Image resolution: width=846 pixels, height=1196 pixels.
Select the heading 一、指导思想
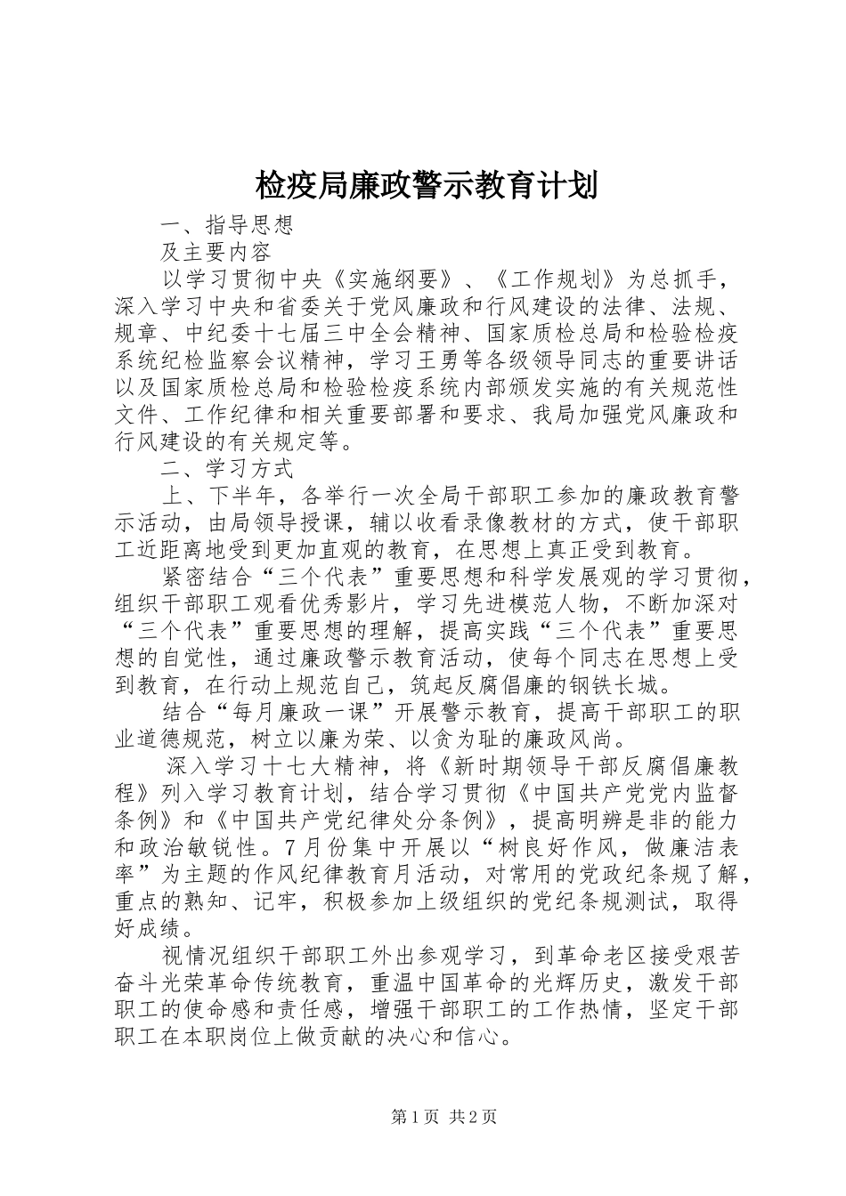point(227,225)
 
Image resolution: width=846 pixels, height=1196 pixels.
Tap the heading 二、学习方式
point(227,467)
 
